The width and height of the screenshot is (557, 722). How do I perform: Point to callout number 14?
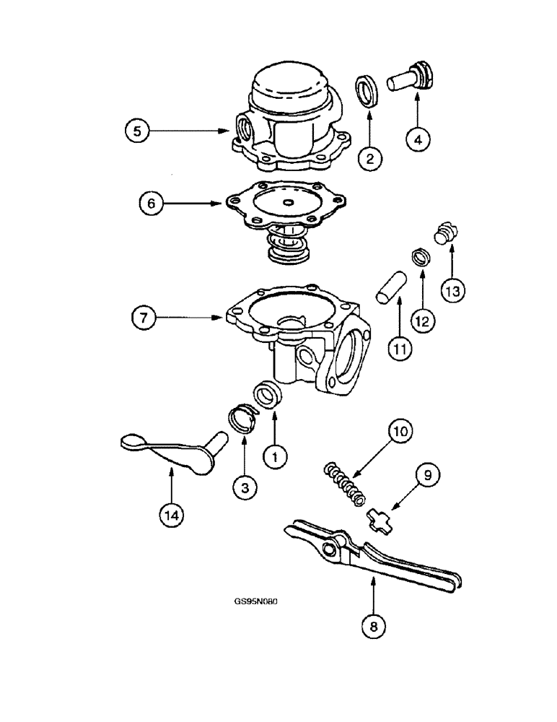[172, 515]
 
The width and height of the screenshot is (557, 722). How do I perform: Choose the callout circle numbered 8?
[373, 627]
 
